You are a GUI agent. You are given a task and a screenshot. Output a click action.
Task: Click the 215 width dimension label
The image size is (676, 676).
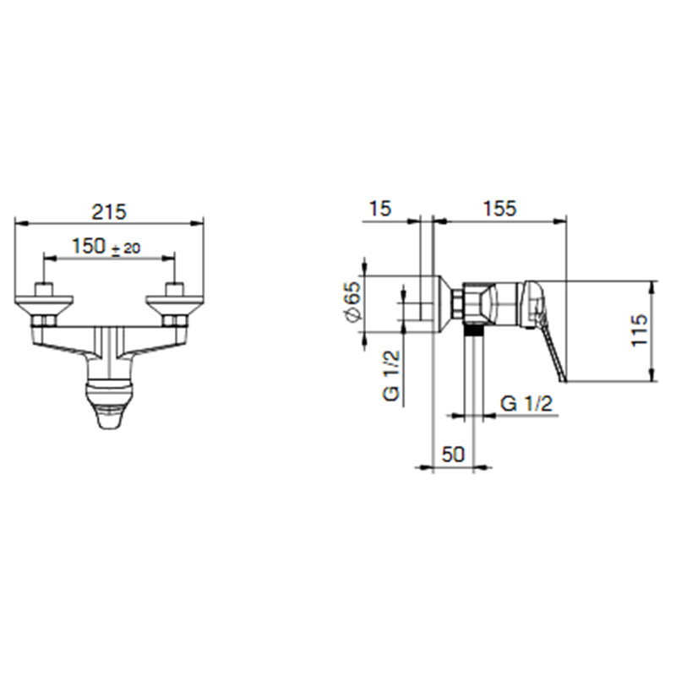click(109, 212)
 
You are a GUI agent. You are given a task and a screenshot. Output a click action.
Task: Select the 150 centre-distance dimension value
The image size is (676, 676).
click(89, 246)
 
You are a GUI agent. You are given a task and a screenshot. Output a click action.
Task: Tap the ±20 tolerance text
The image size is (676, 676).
click(126, 248)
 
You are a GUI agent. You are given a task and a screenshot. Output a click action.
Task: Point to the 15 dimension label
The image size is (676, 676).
click(380, 209)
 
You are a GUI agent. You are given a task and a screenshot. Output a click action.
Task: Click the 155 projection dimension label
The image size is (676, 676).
click(499, 209)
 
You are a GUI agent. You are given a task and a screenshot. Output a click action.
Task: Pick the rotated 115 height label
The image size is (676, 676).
click(640, 330)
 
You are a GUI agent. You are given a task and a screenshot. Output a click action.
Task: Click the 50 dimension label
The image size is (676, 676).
click(453, 454)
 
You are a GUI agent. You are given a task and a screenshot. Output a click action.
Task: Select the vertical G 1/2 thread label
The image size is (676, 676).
click(391, 376)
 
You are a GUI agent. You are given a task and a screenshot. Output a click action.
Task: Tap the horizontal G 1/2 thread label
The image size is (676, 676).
click(526, 404)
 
